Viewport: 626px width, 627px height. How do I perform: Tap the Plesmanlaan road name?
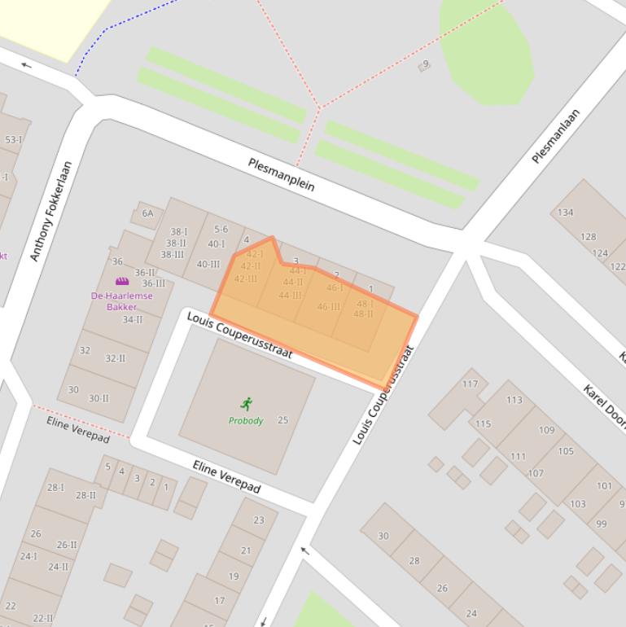coord(556,136)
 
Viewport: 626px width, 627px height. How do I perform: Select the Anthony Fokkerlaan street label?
coord(51,212)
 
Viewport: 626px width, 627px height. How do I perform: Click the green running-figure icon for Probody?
coord(247,403)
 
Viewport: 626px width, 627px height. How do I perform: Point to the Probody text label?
coord(246,421)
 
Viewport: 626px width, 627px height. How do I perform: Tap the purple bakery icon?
coord(122,282)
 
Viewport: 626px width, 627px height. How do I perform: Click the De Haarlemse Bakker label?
coord(121,301)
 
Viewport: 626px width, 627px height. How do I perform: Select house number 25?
coord(282,420)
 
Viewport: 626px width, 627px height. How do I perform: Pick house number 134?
coord(565,213)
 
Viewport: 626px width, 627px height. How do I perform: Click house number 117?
coord(470,384)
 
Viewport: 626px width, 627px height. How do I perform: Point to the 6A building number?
coord(147,213)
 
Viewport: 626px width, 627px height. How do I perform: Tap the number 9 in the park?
coord(425,64)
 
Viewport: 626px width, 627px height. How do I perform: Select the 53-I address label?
coord(14,139)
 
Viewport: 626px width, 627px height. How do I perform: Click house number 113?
coord(514,400)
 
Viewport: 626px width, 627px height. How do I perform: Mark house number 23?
coord(258,520)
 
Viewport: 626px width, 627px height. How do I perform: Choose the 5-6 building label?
coord(221,230)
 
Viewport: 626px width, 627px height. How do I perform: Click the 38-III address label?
coord(172,254)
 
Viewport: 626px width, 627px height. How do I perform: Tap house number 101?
coord(604,486)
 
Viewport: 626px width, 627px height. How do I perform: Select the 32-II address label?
coord(115,358)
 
